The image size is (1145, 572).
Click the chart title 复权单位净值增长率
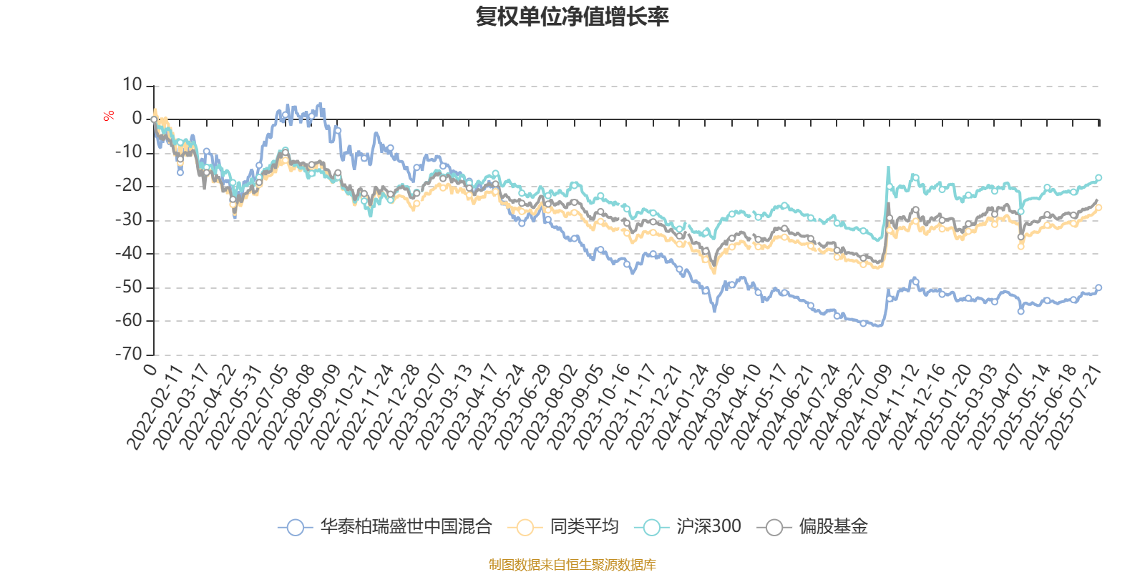point(572,16)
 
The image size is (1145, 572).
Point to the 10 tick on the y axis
point(132,85)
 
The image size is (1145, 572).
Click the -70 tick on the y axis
point(130,353)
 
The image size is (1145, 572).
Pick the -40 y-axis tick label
point(130,253)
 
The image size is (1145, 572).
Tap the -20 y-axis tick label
point(130,186)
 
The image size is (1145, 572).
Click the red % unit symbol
point(109,116)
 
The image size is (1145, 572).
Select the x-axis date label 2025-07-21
point(1073,408)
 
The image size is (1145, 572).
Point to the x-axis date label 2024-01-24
point(680,408)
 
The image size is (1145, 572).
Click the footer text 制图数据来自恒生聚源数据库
point(572,565)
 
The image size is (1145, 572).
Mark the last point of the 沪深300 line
point(1098,177)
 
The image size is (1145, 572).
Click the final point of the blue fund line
point(1098,287)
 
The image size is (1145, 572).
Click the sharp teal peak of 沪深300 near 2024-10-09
point(888,168)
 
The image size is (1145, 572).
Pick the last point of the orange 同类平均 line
point(1098,208)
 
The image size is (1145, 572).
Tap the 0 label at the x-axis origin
point(150,369)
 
